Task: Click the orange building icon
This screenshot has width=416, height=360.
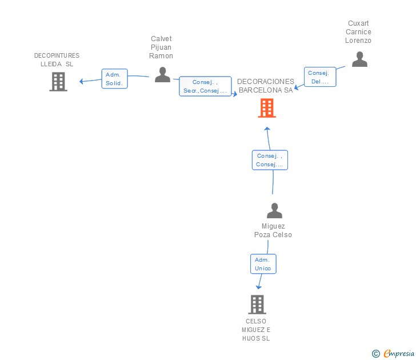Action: [267, 108]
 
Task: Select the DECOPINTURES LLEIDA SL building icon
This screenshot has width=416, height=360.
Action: [58, 82]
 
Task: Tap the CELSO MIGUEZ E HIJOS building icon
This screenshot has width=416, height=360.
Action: [257, 305]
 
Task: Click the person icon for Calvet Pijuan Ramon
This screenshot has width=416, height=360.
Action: [162, 74]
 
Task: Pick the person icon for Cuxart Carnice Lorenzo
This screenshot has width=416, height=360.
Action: [359, 59]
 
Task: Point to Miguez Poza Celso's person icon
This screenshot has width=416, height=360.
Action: [275, 210]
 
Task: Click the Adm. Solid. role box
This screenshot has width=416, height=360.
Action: [115, 79]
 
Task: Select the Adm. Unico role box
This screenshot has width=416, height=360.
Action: [263, 264]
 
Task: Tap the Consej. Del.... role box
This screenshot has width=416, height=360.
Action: [320, 77]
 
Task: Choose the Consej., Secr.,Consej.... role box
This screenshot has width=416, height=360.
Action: [205, 86]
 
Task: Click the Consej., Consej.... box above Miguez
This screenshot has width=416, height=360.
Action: [270, 160]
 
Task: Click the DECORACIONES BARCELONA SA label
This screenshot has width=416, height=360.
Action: [266, 86]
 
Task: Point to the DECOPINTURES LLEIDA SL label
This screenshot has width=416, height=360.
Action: [57, 59]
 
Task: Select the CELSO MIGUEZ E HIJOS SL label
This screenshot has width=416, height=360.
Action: [256, 330]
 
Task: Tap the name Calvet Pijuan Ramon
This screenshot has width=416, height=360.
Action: [161, 47]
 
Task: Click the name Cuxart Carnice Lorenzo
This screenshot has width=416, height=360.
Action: [358, 32]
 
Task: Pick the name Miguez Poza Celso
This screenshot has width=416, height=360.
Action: [273, 230]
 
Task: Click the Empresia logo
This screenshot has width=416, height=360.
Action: [399, 354]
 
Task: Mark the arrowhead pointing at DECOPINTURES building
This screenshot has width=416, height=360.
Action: [82, 82]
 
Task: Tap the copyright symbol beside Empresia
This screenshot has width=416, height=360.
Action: [376, 354]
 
